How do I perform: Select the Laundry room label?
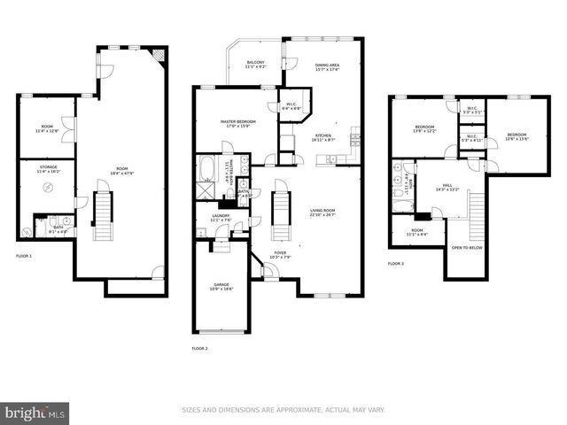click(x=221, y=217)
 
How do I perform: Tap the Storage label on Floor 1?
click(x=48, y=168)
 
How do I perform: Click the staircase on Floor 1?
click(x=103, y=217)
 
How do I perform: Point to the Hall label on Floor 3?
click(x=447, y=187)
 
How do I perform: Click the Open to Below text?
click(x=467, y=248)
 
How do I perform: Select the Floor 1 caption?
click(x=24, y=256)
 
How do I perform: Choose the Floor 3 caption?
click(x=395, y=264)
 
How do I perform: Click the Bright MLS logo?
click(x=35, y=413)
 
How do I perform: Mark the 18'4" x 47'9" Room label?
click(x=121, y=171)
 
